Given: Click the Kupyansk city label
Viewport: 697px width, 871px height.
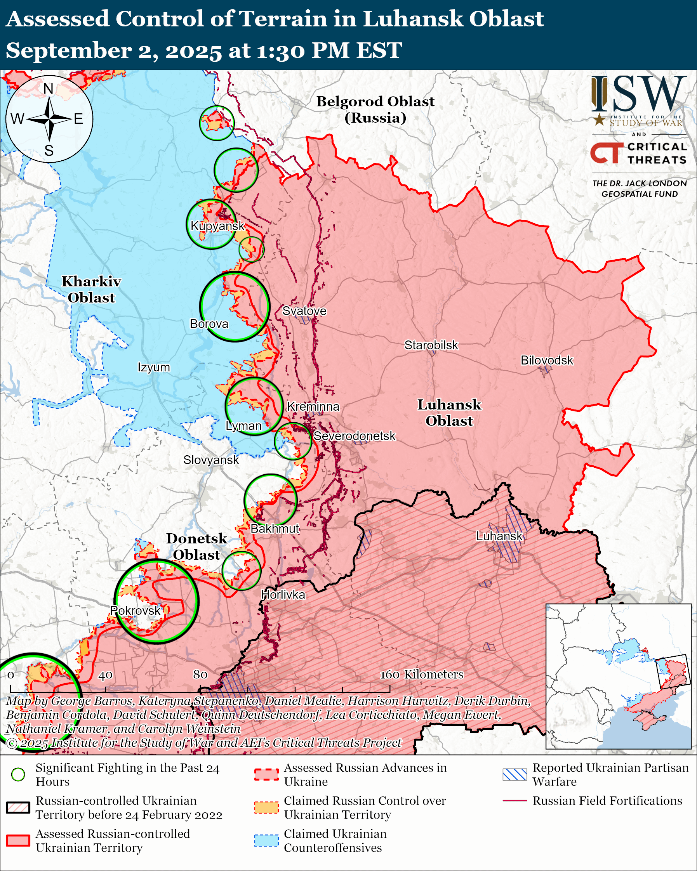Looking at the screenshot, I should click(x=217, y=226).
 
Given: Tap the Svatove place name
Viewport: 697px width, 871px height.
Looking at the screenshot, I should click(x=304, y=311).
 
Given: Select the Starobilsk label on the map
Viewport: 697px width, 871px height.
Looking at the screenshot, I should click(x=431, y=345).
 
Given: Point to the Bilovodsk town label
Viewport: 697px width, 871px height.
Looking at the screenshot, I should click(x=547, y=360).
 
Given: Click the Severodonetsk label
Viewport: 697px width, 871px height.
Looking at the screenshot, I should click(x=355, y=436).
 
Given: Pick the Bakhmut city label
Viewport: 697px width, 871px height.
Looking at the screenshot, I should click(x=275, y=528).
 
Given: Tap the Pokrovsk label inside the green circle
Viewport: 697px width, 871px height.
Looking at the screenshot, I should click(x=136, y=611).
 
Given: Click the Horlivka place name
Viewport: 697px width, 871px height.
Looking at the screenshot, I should click(x=283, y=595).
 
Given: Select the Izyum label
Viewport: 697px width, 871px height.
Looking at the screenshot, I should click(x=153, y=367).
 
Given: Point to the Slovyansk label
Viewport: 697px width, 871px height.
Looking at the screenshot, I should click(x=211, y=460).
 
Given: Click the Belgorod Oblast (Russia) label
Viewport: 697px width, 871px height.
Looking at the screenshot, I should click(x=375, y=109).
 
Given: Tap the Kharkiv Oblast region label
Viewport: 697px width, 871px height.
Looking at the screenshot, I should click(x=91, y=289).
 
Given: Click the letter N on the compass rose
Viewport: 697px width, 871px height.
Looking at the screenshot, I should click(x=49, y=88).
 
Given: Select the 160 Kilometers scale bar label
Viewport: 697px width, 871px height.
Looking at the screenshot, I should click(x=421, y=674).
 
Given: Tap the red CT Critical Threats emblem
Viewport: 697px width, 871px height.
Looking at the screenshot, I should click(x=606, y=153).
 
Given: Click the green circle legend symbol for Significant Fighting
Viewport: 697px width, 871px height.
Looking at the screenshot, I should click(x=18, y=774).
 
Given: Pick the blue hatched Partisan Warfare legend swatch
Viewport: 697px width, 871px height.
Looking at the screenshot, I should click(x=515, y=774).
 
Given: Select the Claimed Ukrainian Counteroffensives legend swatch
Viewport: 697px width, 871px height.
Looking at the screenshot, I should click(x=266, y=840).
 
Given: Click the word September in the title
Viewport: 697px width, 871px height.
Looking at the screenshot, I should click(x=69, y=51).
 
